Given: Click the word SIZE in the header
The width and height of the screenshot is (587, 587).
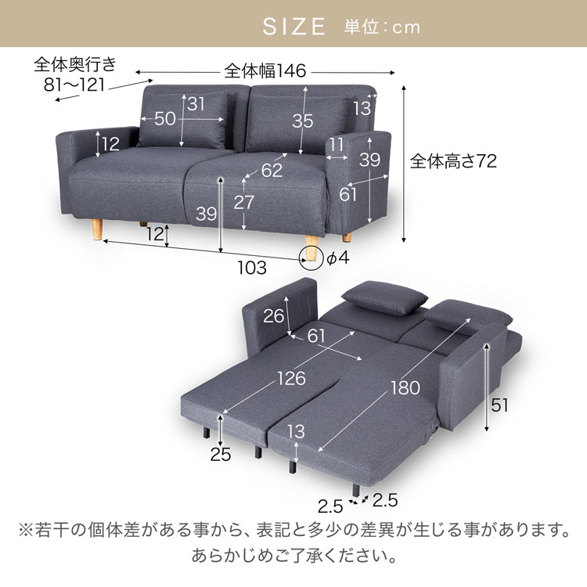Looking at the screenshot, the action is tap(293, 27).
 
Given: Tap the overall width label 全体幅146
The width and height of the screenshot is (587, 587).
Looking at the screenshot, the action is tap(265, 70).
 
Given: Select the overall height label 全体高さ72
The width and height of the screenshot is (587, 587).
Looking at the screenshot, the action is tap(453, 161).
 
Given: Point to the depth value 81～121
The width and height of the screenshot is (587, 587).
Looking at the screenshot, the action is tap(74, 85).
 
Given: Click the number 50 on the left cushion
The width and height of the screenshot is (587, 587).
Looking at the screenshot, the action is tap(164, 119).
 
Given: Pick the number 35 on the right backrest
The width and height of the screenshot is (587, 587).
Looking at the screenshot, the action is tap(302, 121).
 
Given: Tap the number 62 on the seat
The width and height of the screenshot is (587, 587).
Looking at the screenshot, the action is tap(272, 171).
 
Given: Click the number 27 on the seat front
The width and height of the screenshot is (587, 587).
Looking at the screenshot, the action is tap(244, 203).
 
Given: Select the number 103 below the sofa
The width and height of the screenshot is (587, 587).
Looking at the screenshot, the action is tap(252, 268).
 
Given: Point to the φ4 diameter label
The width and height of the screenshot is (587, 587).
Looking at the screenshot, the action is tap(338, 258).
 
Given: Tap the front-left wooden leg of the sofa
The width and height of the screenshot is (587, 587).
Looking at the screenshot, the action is tap(97, 229).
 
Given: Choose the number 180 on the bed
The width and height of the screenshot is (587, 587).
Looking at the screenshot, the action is tap(405, 388).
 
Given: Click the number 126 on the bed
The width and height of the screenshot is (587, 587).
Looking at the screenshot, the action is tap(292, 379).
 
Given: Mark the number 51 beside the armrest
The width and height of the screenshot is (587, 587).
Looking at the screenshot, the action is tap(499, 405).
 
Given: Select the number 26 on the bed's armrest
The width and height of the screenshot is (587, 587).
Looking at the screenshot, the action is tap(274, 316).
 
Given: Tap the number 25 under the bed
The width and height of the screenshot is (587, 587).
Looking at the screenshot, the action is tap(221, 455).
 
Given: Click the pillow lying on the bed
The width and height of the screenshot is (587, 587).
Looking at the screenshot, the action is tap(384, 297).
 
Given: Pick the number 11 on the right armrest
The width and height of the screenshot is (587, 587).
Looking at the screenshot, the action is tap(337, 145).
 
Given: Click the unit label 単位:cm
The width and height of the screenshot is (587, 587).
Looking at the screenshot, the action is tap(382, 27).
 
